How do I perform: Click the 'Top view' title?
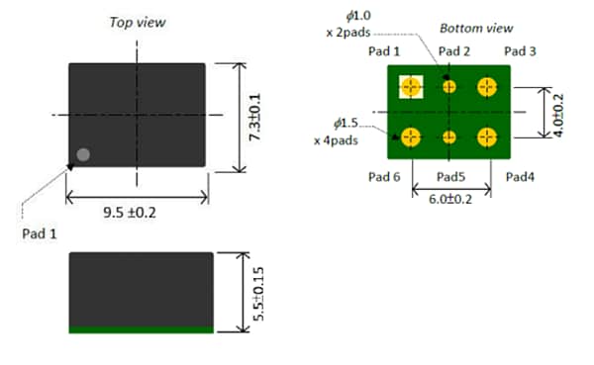coord(139,23)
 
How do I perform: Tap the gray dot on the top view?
coord(83,154)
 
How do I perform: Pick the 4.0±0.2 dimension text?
coord(557,112)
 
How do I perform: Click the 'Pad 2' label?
coord(453,51)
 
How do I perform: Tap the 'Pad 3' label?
coord(520,51)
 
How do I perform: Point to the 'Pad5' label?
coord(450,177)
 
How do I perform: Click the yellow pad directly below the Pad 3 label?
coord(486,87)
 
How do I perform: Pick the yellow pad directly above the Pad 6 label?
coord(412,136)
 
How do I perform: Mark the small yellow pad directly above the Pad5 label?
coord(449,137)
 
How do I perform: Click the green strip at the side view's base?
coord(141,329)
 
